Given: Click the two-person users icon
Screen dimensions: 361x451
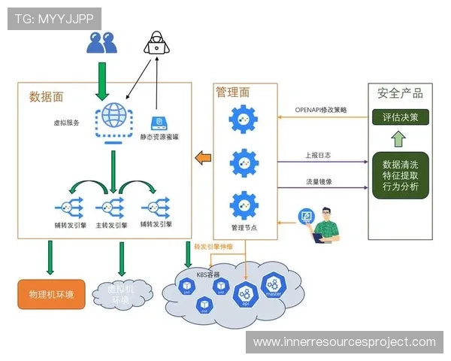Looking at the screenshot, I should pyautogui.click(x=101, y=41).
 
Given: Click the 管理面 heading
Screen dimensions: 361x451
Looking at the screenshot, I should pyautogui.click(x=232, y=92).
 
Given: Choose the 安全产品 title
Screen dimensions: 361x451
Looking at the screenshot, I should pyautogui.click(x=400, y=93).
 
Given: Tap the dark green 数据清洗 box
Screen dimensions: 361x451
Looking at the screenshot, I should pyautogui.click(x=401, y=175).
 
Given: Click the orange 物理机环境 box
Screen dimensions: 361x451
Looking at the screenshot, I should pyautogui.click(x=50, y=293).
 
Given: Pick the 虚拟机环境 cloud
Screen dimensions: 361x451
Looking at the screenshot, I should pyautogui.click(x=121, y=294).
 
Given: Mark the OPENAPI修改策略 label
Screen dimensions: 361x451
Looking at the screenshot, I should pyautogui.click(x=320, y=110).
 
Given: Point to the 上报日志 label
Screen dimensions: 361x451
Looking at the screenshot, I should pyautogui.click(x=316, y=155).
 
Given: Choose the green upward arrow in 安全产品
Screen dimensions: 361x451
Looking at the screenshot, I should pyautogui.click(x=399, y=140).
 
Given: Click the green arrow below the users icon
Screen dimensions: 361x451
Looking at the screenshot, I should pyautogui.click(x=101, y=78).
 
